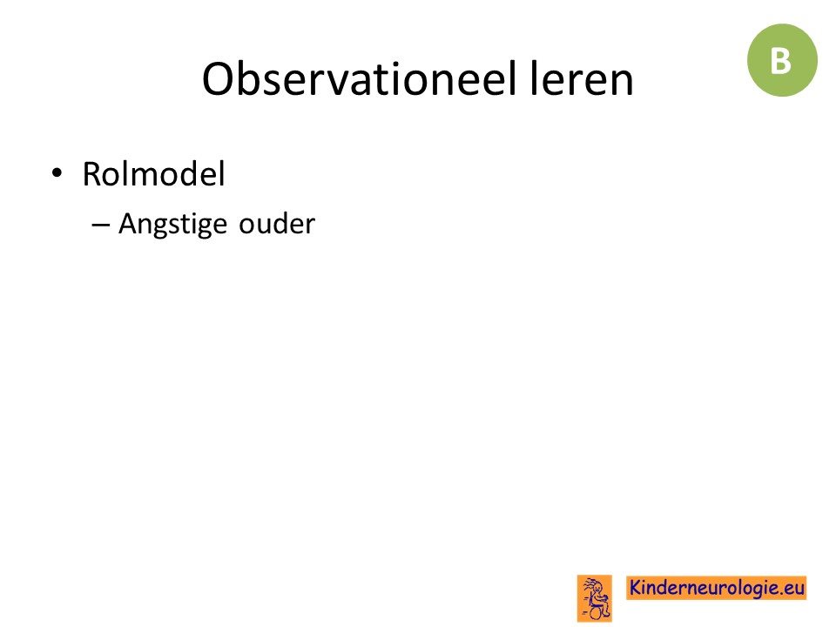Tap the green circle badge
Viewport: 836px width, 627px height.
pyautogui.click(x=782, y=60)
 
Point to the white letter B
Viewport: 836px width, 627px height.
pyautogui.click(x=780, y=61)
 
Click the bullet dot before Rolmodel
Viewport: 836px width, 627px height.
pyautogui.click(x=57, y=174)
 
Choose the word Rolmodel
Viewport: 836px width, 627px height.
pyautogui.click(x=153, y=174)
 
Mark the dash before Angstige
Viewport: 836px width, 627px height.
pyautogui.click(x=101, y=225)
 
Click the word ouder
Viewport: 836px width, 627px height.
pyautogui.click(x=277, y=224)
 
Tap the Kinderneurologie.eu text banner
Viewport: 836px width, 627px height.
pyautogui.click(x=716, y=588)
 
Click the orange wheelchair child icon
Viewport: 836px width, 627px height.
pyautogui.click(x=595, y=598)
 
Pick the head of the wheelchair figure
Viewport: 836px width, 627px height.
pyautogui.click(x=596, y=588)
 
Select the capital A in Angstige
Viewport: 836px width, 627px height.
pyautogui.click(x=128, y=224)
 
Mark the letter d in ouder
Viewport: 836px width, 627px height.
pyautogui.click(x=276, y=224)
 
